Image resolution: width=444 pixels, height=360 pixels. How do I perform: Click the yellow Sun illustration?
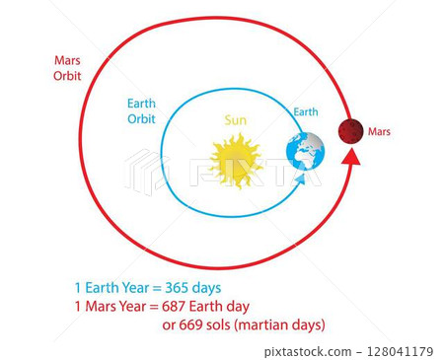coord(236,161)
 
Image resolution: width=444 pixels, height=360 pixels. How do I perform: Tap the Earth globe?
coord(305,151)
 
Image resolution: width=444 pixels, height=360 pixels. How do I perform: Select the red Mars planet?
coord(350,130)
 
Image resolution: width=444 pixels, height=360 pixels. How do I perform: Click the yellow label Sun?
coord(235,120)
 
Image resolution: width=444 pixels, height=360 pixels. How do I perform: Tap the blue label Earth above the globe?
coord(306,112)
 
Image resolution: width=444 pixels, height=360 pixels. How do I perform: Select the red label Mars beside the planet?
coord(379,131)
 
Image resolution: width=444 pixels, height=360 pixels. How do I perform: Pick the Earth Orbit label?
coord(142,111)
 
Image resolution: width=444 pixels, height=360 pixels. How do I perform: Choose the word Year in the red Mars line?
coord(134,305)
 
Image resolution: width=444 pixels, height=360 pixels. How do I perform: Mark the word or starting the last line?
coord(169,324)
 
